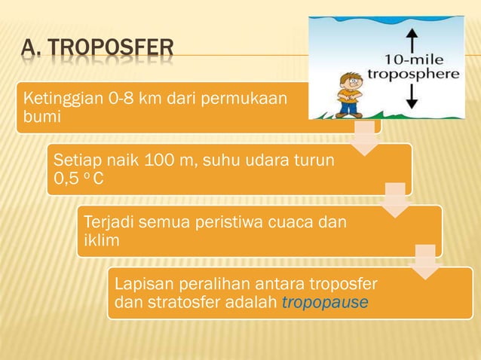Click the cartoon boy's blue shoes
[x=348, y=114]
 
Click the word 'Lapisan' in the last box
[x=138, y=285]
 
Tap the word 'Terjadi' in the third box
[x=107, y=223]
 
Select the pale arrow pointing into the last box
[x=425, y=263]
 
